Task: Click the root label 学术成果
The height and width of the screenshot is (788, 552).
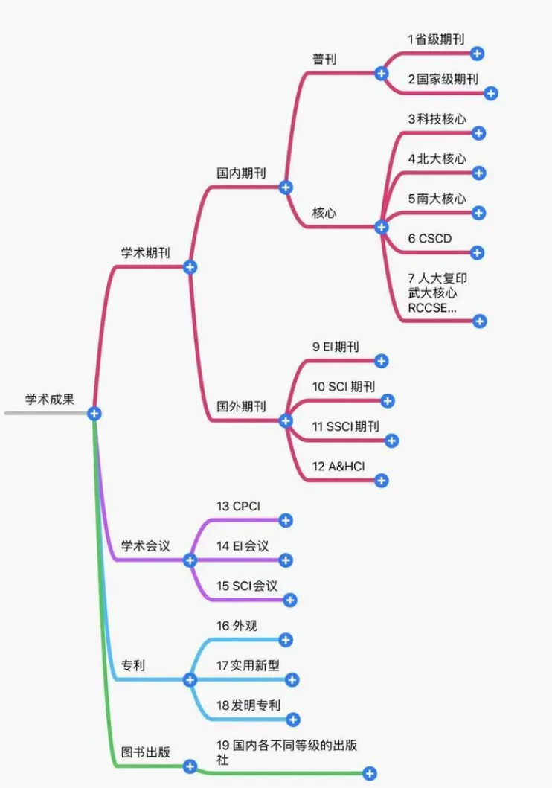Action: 50,400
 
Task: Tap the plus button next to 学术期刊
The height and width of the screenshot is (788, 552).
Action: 190,267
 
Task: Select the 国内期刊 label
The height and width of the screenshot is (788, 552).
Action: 241,173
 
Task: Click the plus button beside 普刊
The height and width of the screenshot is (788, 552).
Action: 381,74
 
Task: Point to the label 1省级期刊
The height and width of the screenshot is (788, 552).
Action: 436,39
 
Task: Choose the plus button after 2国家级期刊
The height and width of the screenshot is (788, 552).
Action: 491,93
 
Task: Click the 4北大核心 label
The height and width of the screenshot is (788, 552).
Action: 437,158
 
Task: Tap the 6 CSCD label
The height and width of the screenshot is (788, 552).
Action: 430,239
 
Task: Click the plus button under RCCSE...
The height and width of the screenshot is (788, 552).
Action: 480,321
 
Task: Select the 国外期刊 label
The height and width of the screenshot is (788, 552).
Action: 241,406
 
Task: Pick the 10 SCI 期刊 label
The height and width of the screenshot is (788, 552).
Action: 344,386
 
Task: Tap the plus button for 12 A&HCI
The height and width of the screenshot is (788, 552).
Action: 381,481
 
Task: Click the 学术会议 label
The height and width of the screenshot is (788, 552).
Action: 146,546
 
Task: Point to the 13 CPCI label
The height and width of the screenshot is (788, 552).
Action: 239,507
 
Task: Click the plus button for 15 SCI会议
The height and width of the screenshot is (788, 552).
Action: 290,600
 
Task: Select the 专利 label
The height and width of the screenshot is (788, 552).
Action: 133,666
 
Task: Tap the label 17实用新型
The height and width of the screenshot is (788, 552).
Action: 248,666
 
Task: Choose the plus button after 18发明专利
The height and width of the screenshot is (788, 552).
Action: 293,719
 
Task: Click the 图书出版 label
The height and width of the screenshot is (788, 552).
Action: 146,752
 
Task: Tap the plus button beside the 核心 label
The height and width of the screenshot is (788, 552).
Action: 381,227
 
